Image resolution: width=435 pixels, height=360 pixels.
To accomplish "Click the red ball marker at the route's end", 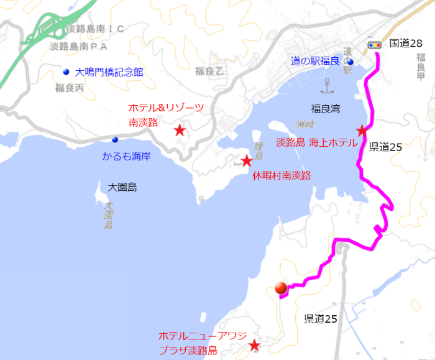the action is (x=281, y=288).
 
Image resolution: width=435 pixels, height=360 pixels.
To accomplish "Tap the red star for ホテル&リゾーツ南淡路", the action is (x=180, y=130).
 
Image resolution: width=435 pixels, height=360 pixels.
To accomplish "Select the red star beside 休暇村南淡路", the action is (x=246, y=162).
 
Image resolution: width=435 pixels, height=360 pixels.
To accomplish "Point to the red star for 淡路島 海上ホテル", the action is (x=362, y=131).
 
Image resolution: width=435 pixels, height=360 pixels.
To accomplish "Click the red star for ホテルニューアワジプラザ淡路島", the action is (x=254, y=345).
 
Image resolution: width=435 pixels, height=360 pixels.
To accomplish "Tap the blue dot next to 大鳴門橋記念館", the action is (x=66, y=71).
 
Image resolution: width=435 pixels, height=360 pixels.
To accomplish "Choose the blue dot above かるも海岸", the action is (x=115, y=139).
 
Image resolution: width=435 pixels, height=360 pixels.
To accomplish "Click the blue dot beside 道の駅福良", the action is (x=350, y=62).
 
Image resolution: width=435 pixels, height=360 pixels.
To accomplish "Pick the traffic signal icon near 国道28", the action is (x=374, y=45).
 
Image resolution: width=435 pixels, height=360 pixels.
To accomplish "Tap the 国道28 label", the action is (x=406, y=44).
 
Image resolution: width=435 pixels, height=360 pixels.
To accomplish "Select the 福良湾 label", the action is (x=326, y=109).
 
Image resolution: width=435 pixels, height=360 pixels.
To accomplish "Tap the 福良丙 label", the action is (x=69, y=88).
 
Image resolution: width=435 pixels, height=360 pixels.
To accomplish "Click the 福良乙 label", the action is (x=209, y=71).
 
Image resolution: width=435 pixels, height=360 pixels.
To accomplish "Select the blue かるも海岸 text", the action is (x=127, y=155).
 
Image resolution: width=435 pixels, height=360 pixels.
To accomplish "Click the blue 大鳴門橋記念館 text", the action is (x=109, y=72).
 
